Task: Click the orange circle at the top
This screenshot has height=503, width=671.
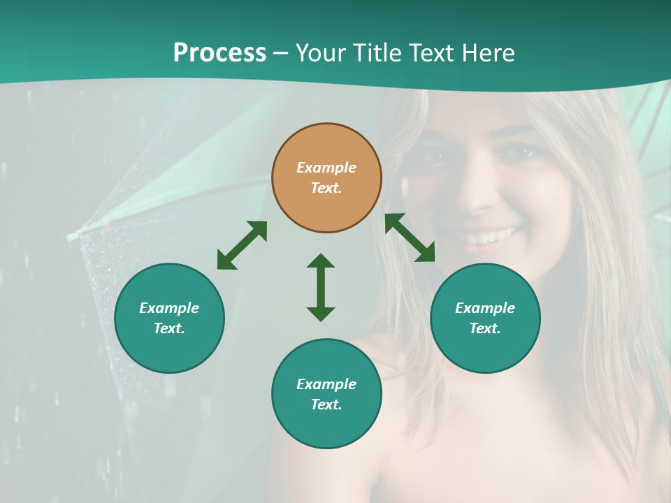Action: pyautogui.click(x=326, y=178)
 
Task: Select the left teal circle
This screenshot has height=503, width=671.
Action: pyautogui.click(x=169, y=318)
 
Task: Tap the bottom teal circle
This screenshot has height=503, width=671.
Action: pyautogui.click(x=326, y=394)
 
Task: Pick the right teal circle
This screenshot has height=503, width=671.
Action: pyautogui.click(x=485, y=318)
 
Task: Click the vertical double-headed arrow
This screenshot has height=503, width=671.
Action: pyautogui.click(x=321, y=287)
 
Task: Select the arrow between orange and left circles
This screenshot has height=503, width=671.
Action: pyautogui.click(x=242, y=245)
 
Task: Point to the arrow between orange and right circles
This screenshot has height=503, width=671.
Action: pyautogui.click(x=410, y=238)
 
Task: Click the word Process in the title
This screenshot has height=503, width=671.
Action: pyautogui.click(x=219, y=53)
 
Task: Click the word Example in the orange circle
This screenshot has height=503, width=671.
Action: pyautogui.click(x=326, y=168)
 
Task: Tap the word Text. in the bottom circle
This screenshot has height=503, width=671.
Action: pyautogui.click(x=326, y=404)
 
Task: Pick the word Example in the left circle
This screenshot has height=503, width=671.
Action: pyautogui.click(x=169, y=308)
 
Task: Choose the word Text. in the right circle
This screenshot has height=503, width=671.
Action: pyautogui.click(x=485, y=328)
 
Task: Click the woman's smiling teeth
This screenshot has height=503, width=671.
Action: pyautogui.click(x=489, y=238)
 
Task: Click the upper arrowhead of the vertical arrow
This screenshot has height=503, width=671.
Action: pyautogui.click(x=321, y=261)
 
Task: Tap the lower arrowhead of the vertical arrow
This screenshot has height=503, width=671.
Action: pyautogui.click(x=321, y=314)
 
